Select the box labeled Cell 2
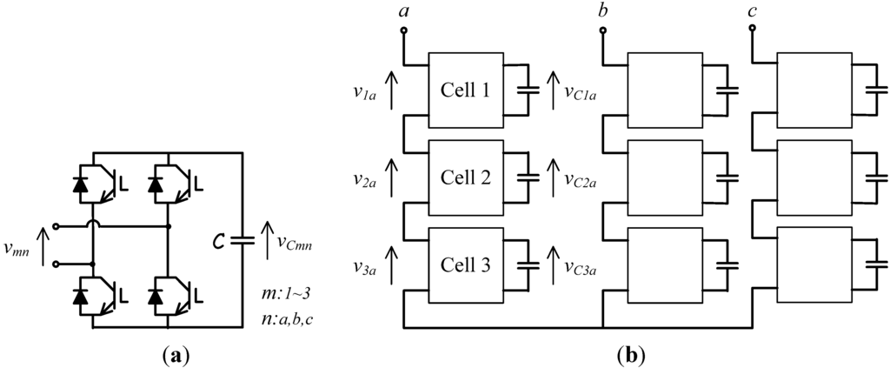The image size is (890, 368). (x=465, y=177)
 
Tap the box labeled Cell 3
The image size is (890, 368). (x=465, y=266)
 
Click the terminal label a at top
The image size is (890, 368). (x=403, y=12)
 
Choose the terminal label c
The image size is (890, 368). (x=752, y=12)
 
